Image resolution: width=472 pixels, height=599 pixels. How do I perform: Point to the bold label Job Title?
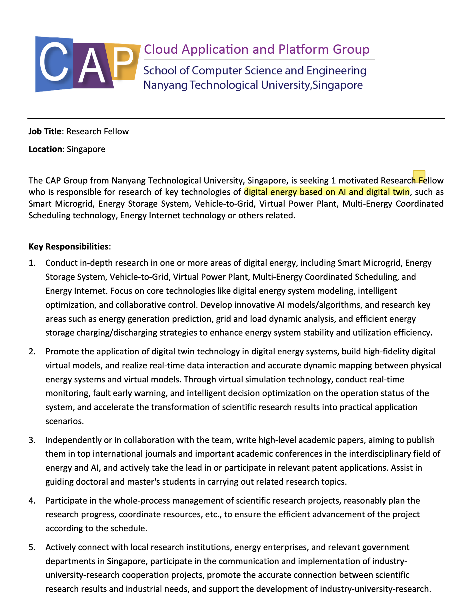pyautogui.click(x=45, y=131)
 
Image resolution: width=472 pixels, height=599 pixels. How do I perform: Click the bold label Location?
pyautogui.click(x=45, y=149)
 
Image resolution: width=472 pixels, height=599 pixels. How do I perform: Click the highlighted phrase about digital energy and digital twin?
pyautogui.click(x=327, y=192)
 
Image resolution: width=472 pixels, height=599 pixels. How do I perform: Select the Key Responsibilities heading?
pyautogui.click(x=68, y=246)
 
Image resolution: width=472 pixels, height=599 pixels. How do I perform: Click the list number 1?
pyautogui.click(x=32, y=263)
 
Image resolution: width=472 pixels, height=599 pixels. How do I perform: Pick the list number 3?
pyautogui.click(x=32, y=440)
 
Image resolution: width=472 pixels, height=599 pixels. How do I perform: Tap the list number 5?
pyautogui.click(x=32, y=547)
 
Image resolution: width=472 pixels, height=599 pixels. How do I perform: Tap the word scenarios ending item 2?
pyautogui.click(x=64, y=421)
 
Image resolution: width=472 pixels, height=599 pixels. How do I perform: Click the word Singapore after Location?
pyautogui.click(x=86, y=149)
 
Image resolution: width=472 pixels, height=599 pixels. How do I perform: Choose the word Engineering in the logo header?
pyautogui.click(x=336, y=71)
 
